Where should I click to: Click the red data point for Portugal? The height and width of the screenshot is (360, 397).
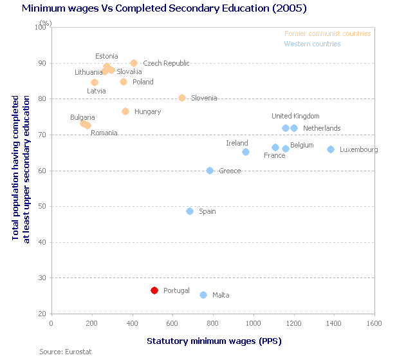coord(154,290)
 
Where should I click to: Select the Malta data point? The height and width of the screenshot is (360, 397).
coord(203,295)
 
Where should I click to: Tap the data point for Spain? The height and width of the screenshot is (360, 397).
coord(190,211)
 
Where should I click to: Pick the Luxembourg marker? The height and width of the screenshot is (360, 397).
coord(331,149)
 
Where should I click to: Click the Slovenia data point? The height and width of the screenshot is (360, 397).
coord(182,98)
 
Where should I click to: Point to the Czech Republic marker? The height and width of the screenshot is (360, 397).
coord(134,63)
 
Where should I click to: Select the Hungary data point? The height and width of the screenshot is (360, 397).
coord(125,111)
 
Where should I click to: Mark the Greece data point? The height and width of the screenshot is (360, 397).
coord(210,171)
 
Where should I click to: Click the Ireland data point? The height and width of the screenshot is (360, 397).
coord(246,152)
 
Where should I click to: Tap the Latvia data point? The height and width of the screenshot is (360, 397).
coord(95,82)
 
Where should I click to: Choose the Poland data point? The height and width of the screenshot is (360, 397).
coord(124,82)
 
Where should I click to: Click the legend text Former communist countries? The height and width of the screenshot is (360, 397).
coord(328,33)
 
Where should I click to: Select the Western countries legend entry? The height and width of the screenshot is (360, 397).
coord(312,44)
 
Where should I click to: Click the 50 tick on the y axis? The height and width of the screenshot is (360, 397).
coord(41,207)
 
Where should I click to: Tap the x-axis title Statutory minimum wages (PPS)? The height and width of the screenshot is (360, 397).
coord(214,340)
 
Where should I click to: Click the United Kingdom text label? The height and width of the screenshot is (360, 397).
coord(295,116)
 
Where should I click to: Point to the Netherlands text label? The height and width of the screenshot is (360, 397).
coord(322,128)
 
